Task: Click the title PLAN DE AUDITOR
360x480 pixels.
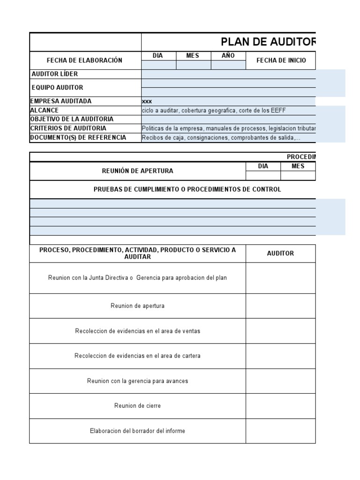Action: coord(268,42)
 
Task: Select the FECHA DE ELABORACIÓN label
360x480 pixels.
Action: coord(84,60)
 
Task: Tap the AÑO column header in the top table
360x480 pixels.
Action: coord(228,56)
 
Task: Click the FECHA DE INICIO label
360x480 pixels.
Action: coord(281,60)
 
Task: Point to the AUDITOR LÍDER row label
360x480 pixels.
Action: coord(55,74)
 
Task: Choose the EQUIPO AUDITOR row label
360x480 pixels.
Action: coord(57,88)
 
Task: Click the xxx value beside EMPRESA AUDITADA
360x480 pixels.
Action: coord(147,101)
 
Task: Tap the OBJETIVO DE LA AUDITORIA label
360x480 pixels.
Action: coord(72,119)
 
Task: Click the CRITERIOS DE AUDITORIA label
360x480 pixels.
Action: coord(68,128)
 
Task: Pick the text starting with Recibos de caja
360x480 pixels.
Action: coord(221,137)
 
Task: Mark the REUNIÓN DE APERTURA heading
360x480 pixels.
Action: coord(137,171)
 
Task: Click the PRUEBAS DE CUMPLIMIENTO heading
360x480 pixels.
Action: coord(187,189)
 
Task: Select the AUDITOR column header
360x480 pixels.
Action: coord(280,253)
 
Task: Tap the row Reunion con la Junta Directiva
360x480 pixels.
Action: coord(137,278)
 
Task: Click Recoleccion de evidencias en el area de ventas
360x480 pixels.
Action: coord(137,331)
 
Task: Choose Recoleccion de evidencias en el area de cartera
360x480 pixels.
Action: coord(137,356)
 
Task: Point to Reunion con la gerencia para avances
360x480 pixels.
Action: coord(137,381)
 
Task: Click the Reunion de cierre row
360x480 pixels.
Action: coord(137,406)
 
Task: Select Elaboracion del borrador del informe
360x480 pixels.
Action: coord(137,431)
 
